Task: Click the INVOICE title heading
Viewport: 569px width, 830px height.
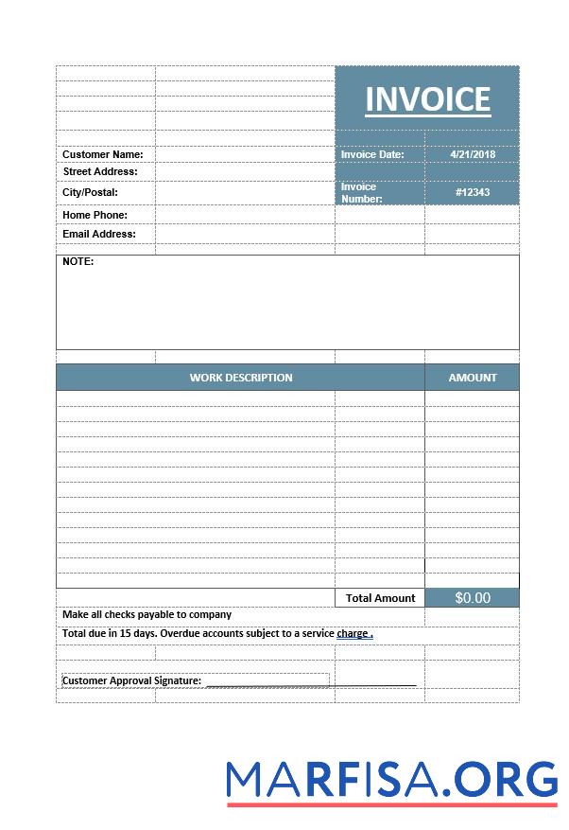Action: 427,99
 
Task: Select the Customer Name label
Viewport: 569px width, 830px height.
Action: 103,154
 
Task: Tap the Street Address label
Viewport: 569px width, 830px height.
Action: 100,171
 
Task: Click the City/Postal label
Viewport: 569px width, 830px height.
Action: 90,192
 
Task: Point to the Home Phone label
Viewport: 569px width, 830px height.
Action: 95,215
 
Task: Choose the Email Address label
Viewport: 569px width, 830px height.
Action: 99,234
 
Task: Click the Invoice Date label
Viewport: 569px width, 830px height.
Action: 372,154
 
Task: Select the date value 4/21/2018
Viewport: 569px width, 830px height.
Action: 473,154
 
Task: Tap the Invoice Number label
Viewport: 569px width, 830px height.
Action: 362,193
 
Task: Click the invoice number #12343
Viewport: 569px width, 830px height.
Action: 473,192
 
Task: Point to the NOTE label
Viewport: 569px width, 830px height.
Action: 78,261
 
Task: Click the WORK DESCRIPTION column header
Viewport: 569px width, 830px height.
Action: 241,378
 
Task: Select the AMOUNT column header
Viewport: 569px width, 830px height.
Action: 473,378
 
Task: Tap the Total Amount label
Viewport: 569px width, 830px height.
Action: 381,598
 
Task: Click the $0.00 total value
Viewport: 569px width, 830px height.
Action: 473,598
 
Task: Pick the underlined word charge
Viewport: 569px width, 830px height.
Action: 353,633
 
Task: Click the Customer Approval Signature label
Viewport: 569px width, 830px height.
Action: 132,680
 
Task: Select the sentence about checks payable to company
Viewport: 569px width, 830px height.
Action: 147,614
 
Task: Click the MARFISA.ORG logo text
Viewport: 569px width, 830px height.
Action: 392,778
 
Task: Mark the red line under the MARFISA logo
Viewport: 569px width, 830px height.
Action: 392,804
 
